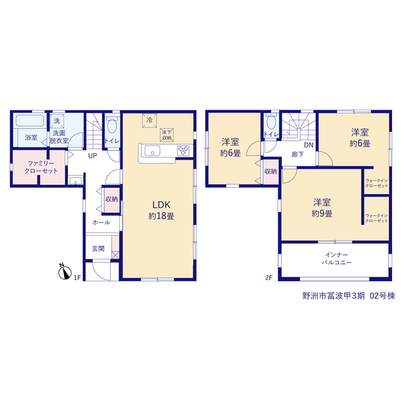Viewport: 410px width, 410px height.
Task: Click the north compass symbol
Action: tap(65, 272)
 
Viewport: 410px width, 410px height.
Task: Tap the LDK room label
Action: tap(161, 210)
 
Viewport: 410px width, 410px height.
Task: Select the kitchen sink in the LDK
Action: tap(152, 151)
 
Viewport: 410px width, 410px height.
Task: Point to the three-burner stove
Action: tap(183, 151)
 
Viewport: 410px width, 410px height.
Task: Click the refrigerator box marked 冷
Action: tap(149, 120)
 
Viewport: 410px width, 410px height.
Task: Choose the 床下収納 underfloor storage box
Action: tap(167, 135)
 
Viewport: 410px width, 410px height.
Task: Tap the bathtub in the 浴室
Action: tap(30, 120)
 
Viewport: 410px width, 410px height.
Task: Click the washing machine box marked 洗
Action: tap(57, 121)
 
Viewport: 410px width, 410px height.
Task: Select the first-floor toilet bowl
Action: tap(112, 126)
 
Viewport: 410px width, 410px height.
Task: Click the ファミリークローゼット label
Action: tap(41, 167)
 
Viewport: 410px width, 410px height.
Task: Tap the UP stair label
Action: tap(92, 156)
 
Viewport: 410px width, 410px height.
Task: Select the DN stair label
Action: tap(309, 145)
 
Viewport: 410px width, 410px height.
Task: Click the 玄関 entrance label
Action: tap(98, 249)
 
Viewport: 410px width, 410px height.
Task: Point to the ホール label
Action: tap(101, 222)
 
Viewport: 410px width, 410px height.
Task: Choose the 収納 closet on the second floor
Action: tap(270, 172)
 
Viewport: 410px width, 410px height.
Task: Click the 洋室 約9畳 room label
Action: tap(322, 208)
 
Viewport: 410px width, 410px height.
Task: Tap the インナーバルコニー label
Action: tap(336, 259)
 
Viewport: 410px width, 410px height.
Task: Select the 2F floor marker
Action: tap(269, 277)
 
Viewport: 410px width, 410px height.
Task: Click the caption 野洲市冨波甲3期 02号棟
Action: tap(348, 296)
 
